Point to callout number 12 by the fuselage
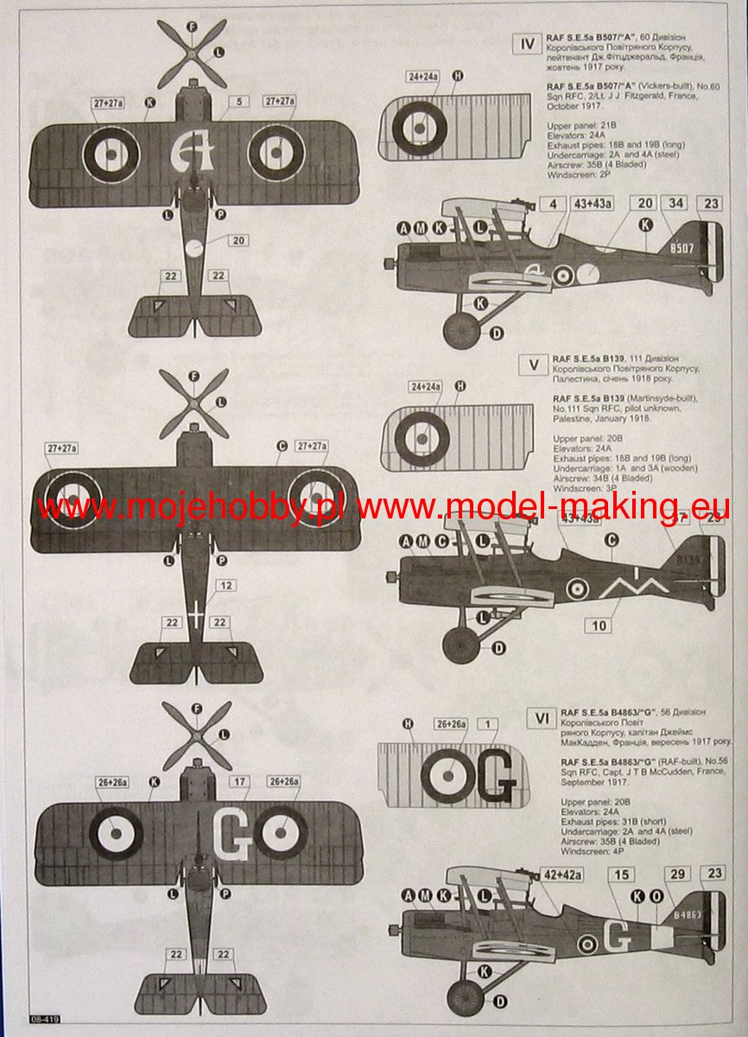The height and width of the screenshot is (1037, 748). click(x=225, y=585)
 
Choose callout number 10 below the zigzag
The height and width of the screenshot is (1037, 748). click(x=599, y=625)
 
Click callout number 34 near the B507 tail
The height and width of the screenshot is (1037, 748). click(x=675, y=204)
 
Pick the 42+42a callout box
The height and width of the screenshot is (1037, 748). click(x=562, y=875)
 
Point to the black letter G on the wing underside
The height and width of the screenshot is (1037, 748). click(x=498, y=784)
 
